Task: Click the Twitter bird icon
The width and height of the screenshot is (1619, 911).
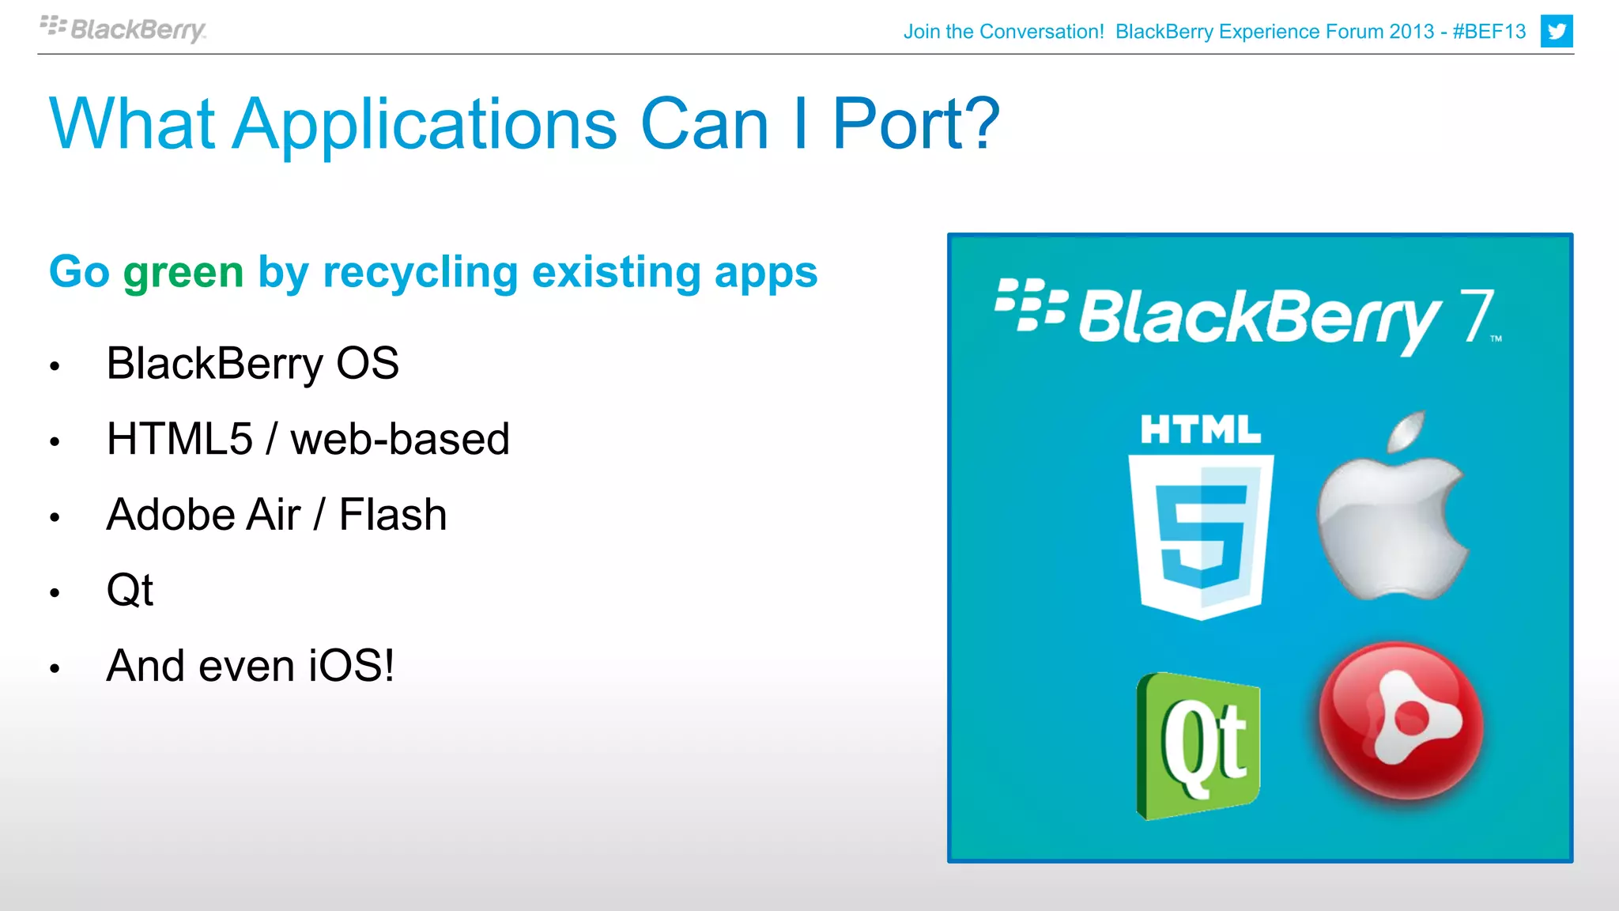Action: [x=1557, y=32]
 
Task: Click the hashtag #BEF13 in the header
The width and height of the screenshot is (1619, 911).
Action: [x=1489, y=32]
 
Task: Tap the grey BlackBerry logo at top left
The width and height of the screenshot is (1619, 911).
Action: [x=123, y=29]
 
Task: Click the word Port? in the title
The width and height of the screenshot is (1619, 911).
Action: [x=915, y=124]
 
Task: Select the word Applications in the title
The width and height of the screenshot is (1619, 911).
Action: [x=425, y=126]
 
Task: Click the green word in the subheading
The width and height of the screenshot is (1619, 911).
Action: [x=183, y=272]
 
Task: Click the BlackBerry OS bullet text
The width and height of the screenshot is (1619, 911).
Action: [x=252, y=364]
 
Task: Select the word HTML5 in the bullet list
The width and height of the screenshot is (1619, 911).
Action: [x=179, y=439]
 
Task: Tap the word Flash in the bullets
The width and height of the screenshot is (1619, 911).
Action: [x=393, y=515]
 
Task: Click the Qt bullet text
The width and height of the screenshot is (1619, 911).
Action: [x=130, y=590]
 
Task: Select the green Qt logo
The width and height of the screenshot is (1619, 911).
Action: [x=1198, y=746]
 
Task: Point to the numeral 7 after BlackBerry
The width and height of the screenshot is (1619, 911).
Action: [x=1475, y=316]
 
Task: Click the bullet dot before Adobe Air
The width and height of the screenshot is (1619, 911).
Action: [x=55, y=518]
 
